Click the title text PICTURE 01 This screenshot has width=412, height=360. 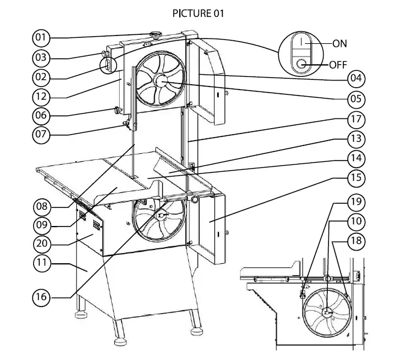click(x=198, y=13)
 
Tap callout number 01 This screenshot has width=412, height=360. click(x=41, y=38)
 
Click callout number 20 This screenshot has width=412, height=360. click(x=41, y=244)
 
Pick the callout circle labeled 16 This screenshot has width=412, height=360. click(x=41, y=297)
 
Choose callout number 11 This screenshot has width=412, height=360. click(x=41, y=263)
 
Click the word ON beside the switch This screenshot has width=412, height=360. click(x=340, y=44)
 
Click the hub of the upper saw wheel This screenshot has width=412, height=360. click(x=161, y=80)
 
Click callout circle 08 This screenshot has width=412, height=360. click(x=41, y=206)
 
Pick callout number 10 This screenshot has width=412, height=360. click(x=355, y=221)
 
